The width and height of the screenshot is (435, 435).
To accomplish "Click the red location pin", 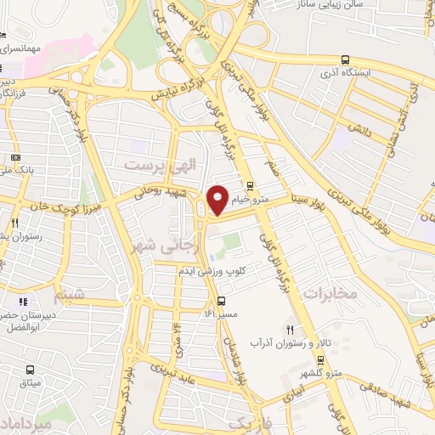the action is tap(217, 199).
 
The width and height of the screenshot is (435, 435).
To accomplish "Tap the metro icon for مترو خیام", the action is tap(249, 187).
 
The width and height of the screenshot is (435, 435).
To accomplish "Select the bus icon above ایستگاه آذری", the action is tap(344, 60).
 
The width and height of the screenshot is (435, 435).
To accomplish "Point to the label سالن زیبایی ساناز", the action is tap(380, 7).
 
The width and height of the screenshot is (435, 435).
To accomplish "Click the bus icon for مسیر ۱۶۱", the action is tap(222, 301).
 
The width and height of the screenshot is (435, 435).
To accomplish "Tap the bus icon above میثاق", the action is tap(31, 370).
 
